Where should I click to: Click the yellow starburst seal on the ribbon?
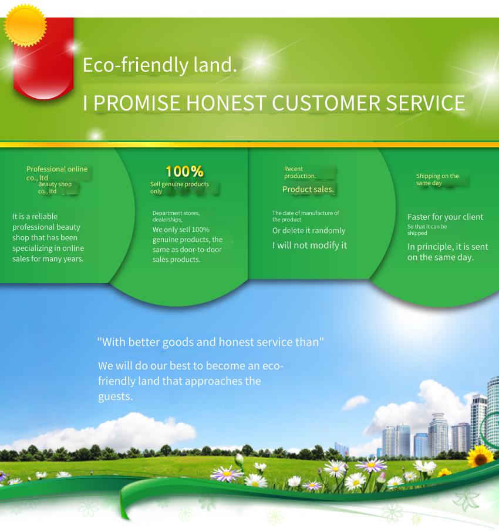coord(25,26)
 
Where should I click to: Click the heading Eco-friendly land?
coord(160,65)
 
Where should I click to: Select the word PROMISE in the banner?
coord(137,103)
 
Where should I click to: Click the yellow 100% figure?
coord(185,172)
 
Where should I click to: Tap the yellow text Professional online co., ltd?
coord(57,173)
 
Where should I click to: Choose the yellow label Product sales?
coord(308,189)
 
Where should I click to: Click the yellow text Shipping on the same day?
coord(437,180)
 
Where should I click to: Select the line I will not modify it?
coord(310,245)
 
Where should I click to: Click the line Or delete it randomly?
coord(309,231)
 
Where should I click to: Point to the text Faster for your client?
coord(445,217)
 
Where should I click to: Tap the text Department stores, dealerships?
coord(176,216)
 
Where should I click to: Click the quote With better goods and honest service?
coord(211,342)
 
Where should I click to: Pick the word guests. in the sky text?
coord(115,396)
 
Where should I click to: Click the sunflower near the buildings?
coord(480,456)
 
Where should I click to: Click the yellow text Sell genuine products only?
coord(180,187)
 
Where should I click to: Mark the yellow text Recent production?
coord(300,172)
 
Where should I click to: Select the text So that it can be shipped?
coord(427,230)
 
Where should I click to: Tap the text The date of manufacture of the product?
coord(306,216)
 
